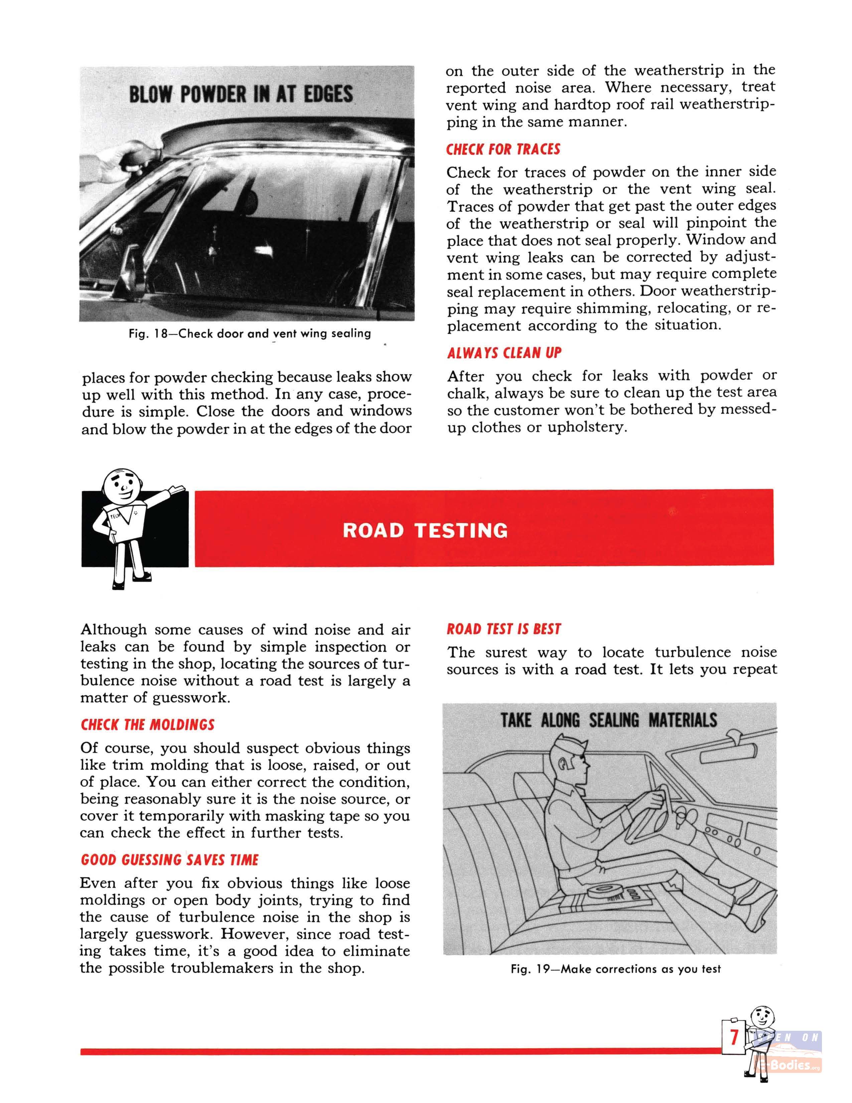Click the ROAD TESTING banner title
tap(425, 530)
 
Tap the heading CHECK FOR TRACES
tap(503, 149)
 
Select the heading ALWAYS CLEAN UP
tap(504, 353)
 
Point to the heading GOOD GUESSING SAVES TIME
tap(170, 860)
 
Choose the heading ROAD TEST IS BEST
tap(504, 629)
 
